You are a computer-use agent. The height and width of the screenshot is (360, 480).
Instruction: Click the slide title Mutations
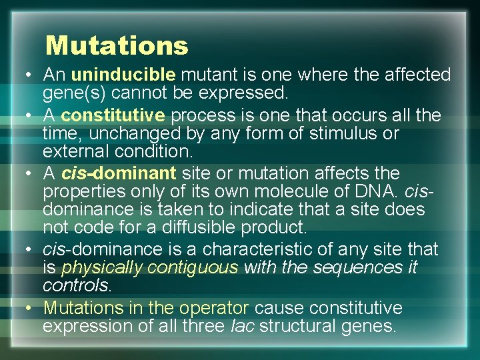117,46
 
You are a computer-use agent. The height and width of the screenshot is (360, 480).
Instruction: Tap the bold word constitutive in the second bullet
113,115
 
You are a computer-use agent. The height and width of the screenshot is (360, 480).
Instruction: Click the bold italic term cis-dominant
119,174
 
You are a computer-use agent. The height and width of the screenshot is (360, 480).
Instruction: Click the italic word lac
243,327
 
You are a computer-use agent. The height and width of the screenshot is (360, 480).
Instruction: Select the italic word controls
77,286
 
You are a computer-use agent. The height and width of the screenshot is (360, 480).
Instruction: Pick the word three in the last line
206,327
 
